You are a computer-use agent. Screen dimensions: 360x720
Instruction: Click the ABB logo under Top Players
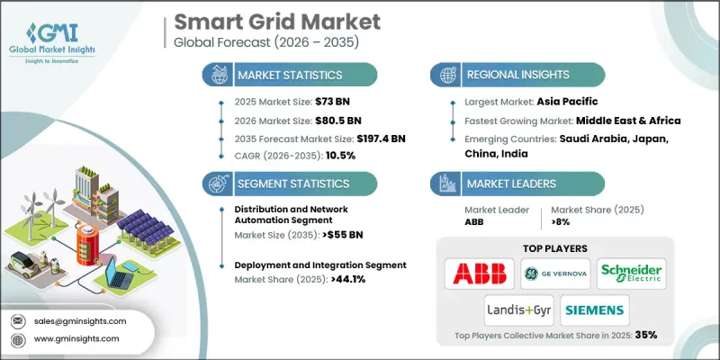coord(481,274)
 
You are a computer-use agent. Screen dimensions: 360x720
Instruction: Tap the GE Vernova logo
coord(555,274)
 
